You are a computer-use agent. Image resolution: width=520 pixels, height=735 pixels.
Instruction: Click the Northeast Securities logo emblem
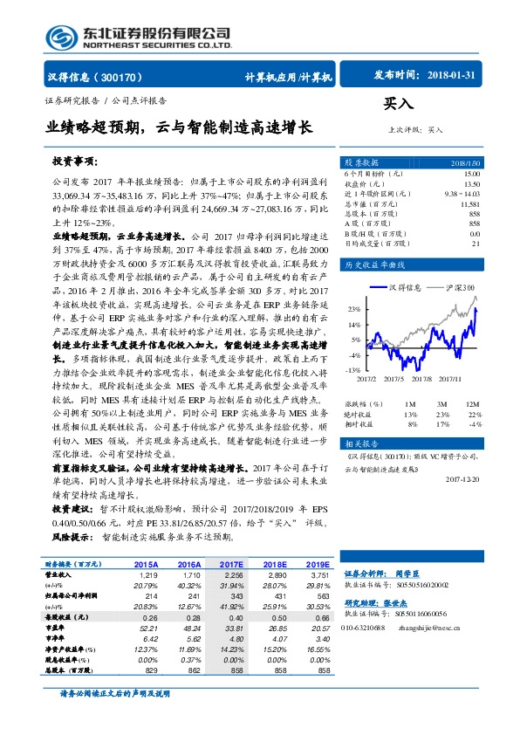click(61, 38)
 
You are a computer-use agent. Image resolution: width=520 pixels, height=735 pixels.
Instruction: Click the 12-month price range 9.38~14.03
click(462, 194)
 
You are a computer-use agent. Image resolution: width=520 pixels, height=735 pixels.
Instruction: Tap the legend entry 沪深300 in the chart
click(462, 287)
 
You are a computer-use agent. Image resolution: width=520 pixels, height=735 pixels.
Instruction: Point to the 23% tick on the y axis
click(355, 309)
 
